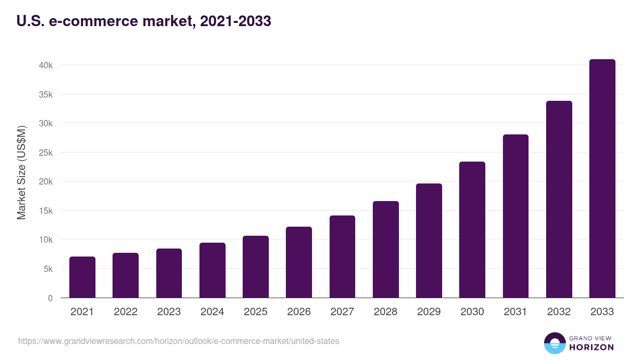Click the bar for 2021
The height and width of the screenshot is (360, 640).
point(82,277)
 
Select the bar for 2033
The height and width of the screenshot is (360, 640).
point(602,179)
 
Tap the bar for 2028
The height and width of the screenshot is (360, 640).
point(386,250)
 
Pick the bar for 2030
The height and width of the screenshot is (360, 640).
point(472,230)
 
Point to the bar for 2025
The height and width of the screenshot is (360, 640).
point(255,267)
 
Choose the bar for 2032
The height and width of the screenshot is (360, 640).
point(559,199)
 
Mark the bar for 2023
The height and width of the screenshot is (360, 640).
point(169,273)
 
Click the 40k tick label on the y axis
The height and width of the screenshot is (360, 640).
point(45,65)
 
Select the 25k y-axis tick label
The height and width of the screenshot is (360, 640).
point(45,153)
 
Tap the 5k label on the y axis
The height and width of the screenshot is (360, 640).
point(47,269)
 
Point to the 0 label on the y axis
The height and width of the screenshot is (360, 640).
point(50,298)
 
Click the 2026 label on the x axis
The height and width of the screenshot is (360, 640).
point(299,312)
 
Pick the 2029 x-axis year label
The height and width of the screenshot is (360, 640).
point(429,312)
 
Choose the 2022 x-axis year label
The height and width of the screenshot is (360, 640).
point(125,312)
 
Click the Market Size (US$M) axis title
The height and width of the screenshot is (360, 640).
point(21,172)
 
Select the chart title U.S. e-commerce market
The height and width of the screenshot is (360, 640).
point(144,21)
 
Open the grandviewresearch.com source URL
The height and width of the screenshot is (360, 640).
point(178,341)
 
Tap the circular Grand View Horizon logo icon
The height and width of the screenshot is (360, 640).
point(554,343)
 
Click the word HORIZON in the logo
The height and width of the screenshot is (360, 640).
point(591,347)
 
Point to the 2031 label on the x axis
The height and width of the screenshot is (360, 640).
point(515,312)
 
